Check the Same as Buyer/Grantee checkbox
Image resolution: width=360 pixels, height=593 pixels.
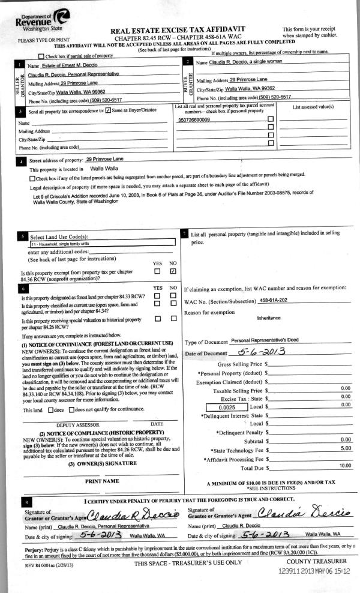tap(108, 110)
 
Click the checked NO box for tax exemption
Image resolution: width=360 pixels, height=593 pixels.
tap(173, 271)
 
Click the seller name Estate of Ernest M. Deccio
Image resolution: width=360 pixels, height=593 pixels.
tap(62, 65)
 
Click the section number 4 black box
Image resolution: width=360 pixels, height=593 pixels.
tap(22, 161)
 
